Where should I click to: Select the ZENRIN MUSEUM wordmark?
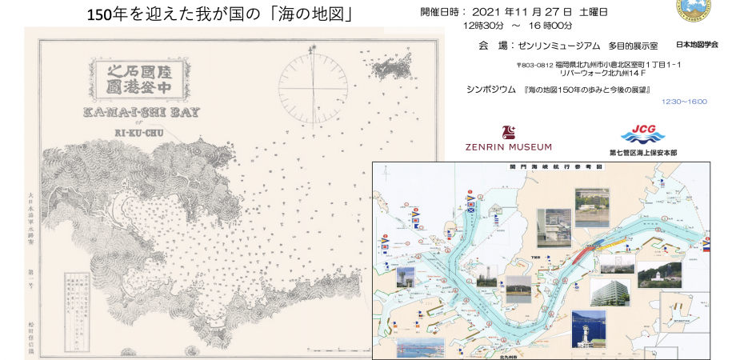(507, 147)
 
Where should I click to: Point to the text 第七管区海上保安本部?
(642, 150)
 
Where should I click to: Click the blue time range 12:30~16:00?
(684, 102)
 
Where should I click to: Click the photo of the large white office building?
(610, 291)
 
